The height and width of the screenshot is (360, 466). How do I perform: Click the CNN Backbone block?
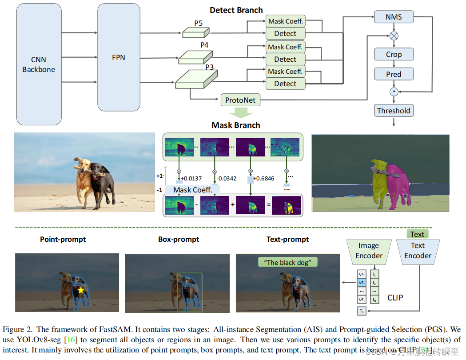(x=39, y=64)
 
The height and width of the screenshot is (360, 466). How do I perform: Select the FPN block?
(x=119, y=57)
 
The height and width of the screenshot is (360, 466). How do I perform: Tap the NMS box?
(x=394, y=17)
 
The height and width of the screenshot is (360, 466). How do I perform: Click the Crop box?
(x=394, y=54)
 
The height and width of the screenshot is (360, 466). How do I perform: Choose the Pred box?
(x=394, y=74)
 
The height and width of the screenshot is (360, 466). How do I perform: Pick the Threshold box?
(x=394, y=111)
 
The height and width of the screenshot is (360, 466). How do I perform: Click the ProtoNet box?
(x=240, y=100)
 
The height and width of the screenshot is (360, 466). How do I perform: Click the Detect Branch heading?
(x=236, y=10)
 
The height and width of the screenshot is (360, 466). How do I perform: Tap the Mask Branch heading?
(x=236, y=125)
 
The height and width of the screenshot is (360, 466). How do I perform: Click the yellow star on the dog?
(x=81, y=290)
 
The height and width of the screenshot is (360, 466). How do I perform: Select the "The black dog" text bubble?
(x=288, y=262)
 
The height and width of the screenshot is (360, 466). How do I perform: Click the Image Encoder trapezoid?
(x=369, y=251)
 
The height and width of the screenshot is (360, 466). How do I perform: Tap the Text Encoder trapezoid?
(x=418, y=251)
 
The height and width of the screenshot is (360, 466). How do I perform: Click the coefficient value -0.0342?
(x=226, y=178)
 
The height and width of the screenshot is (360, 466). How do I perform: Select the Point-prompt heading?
(x=63, y=239)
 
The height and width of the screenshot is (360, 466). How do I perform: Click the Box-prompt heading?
(x=179, y=239)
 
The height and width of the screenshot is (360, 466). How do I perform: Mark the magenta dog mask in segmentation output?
(x=396, y=182)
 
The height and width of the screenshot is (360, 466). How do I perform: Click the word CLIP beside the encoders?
(x=395, y=297)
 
